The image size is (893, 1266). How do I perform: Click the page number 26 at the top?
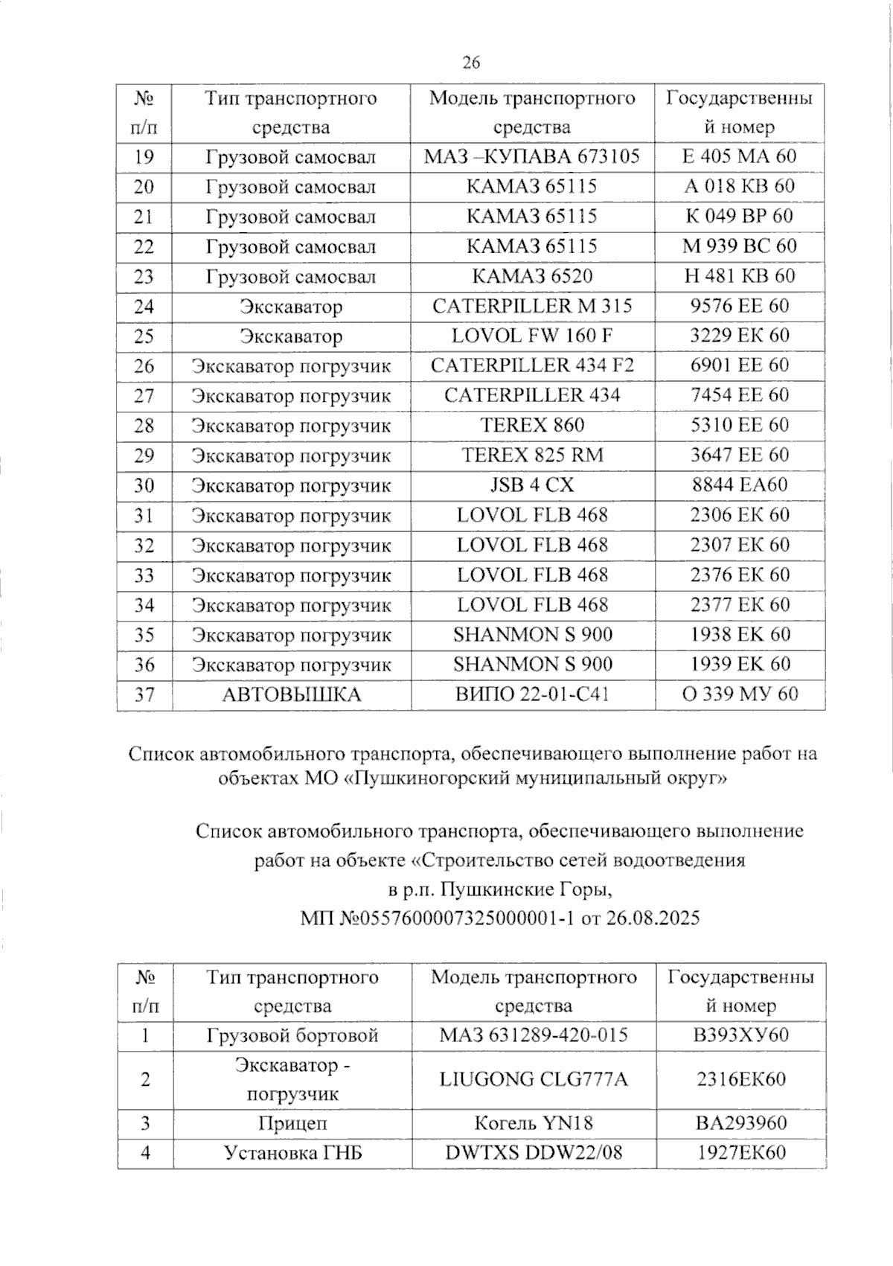[471, 63]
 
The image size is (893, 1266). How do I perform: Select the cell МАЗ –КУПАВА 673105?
[531, 156]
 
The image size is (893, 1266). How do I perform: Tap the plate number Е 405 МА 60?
[739, 156]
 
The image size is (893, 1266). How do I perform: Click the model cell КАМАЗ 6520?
[532, 276]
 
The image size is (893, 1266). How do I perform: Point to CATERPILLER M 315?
[532, 306]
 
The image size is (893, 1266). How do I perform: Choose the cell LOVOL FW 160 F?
[532, 336]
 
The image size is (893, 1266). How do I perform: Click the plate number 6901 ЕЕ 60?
[739, 365]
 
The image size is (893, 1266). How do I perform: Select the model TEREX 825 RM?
[532, 455]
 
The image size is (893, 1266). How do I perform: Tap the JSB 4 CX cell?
[532, 485]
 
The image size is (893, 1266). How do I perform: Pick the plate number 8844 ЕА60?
[739, 485]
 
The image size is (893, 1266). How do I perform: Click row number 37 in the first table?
[144, 694]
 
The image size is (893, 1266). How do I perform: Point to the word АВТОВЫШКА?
[291, 695]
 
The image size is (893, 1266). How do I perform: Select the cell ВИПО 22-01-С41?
[532, 694]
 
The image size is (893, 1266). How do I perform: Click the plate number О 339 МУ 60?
[739, 694]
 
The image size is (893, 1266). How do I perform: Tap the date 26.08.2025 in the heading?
[653, 918]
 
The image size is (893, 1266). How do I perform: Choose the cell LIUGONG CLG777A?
[533, 1079]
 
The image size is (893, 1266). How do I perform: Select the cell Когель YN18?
[533, 1123]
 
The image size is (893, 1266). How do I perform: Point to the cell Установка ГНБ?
[292, 1153]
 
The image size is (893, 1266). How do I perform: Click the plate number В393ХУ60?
[740, 1035]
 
